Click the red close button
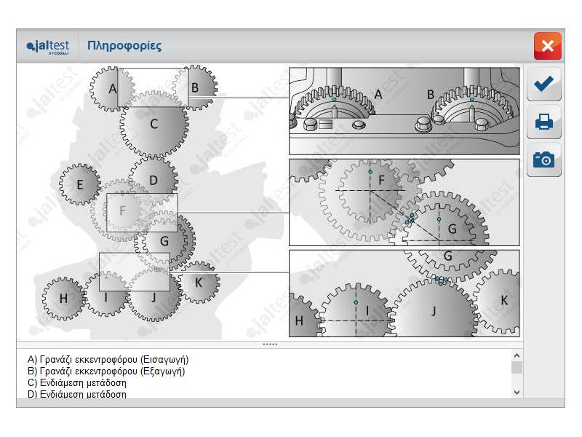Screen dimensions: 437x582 pyautogui.click(x=547, y=46)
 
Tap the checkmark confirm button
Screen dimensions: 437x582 pyautogui.click(x=543, y=84)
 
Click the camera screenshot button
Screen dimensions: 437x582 pyautogui.click(x=543, y=159)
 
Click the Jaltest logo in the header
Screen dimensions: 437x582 pyautogui.click(x=48, y=47)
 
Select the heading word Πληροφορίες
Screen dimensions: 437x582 pyautogui.click(x=124, y=46)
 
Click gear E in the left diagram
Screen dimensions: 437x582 pyautogui.click(x=80, y=184)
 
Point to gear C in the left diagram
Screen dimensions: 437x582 pyautogui.click(x=154, y=125)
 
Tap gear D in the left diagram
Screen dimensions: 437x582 pyautogui.click(x=154, y=179)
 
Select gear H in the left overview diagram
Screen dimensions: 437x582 pyautogui.click(x=63, y=298)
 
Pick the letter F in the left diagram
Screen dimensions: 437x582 pyautogui.click(x=122, y=211)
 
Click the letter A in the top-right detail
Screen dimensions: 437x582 pyautogui.click(x=378, y=94)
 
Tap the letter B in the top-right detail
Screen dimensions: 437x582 pyautogui.click(x=431, y=94)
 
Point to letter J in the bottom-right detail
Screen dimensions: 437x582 pyautogui.click(x=434, y=311)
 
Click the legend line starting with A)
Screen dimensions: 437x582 pyautogui.click(x=108, y=360)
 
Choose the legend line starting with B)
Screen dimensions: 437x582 pyautogui.click(x=106, y=371)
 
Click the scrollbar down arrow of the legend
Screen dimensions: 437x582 pyautogui.click(x=517, y=392)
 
